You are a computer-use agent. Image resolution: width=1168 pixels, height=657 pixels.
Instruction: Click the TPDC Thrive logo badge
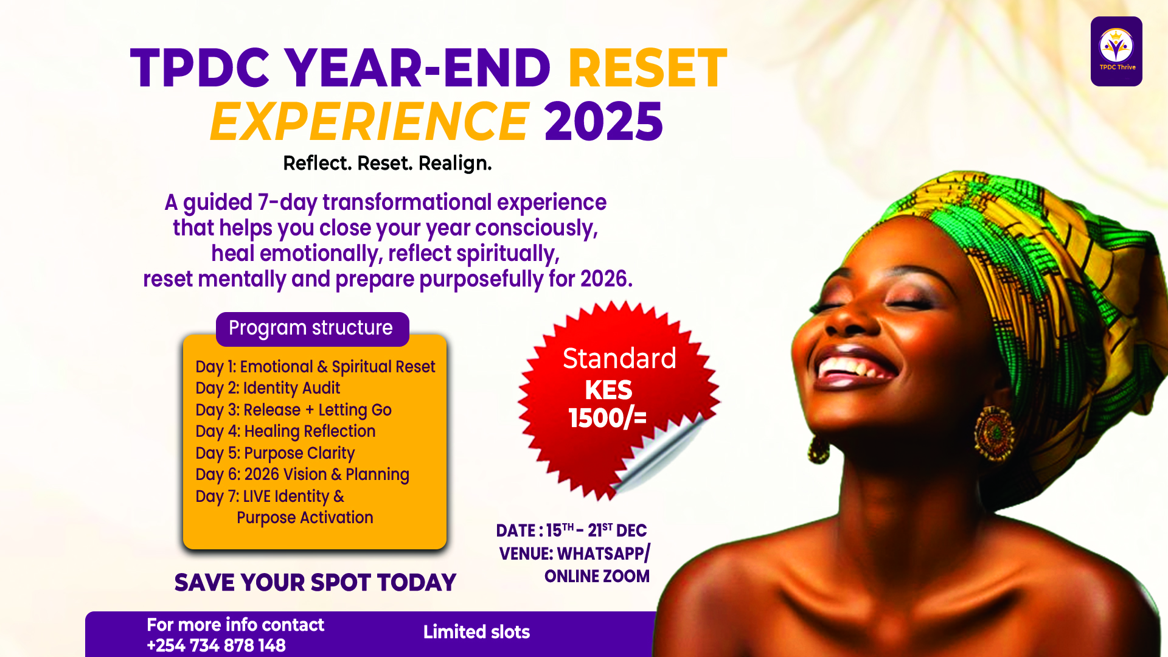coord(1116,51)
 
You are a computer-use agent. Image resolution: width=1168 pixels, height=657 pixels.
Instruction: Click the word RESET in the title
coord(647,68)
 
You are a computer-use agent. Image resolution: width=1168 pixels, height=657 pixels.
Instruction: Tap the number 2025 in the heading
coord(603,122)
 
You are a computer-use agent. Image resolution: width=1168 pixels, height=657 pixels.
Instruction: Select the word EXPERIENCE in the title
coord(369,122)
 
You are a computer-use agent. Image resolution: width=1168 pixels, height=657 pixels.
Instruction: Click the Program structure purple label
coord(311,328)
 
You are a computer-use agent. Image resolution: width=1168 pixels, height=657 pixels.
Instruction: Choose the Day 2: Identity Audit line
coord(268,388)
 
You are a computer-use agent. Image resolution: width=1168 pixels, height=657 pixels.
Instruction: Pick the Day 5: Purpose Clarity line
coord(275,453)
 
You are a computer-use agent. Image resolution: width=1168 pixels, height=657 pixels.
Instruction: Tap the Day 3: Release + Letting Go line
coord(293,410)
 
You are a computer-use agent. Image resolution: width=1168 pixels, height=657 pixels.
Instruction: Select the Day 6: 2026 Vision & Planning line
coord(302,474)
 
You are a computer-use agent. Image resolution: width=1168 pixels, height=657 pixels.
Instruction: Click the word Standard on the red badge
coord(619,358)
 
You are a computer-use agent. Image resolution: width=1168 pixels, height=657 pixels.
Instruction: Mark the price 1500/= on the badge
coord(607,418)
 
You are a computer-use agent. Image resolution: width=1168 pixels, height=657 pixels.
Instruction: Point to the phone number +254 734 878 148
coord(217,645)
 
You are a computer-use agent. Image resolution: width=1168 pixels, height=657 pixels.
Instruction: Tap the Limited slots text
coord(476,632)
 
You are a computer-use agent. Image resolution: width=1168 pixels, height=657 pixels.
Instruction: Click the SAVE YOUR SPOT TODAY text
coord(315,583)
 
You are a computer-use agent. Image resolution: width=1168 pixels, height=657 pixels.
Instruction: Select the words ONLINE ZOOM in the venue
coord(597,576)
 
